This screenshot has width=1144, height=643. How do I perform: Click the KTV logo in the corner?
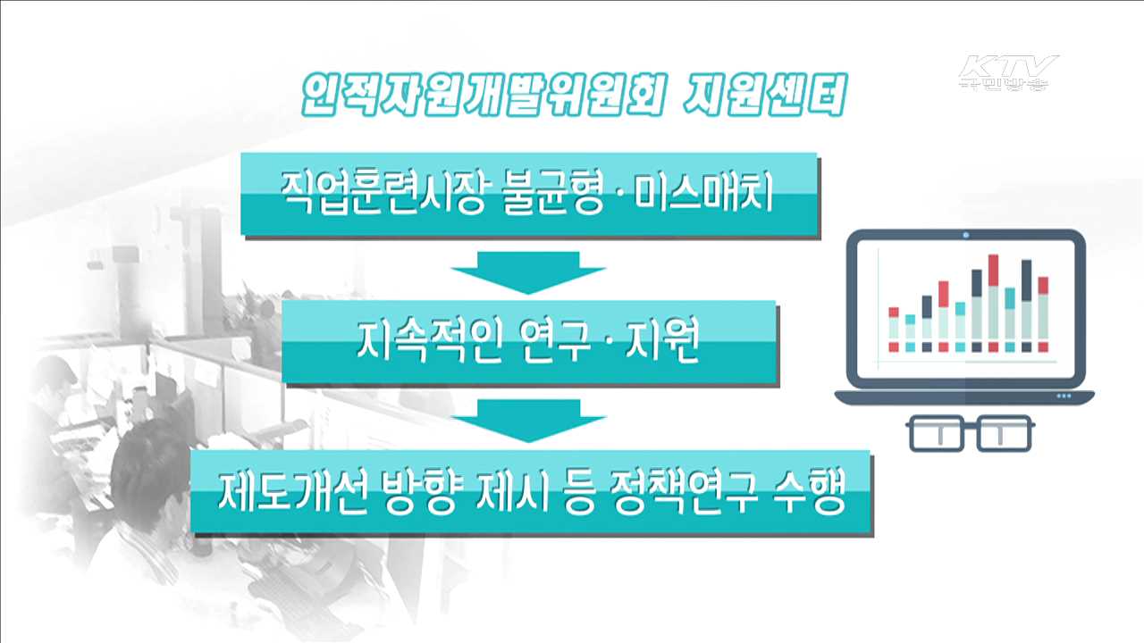click(1008, 71)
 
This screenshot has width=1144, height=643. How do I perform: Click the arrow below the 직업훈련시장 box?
click(528, 271)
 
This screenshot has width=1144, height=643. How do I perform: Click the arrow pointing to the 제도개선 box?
click(528, 420)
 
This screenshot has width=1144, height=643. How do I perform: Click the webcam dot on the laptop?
click(966, 236)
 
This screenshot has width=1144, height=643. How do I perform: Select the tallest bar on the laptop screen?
click(993, 304)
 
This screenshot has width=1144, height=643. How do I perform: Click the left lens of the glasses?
click(933, 432)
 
